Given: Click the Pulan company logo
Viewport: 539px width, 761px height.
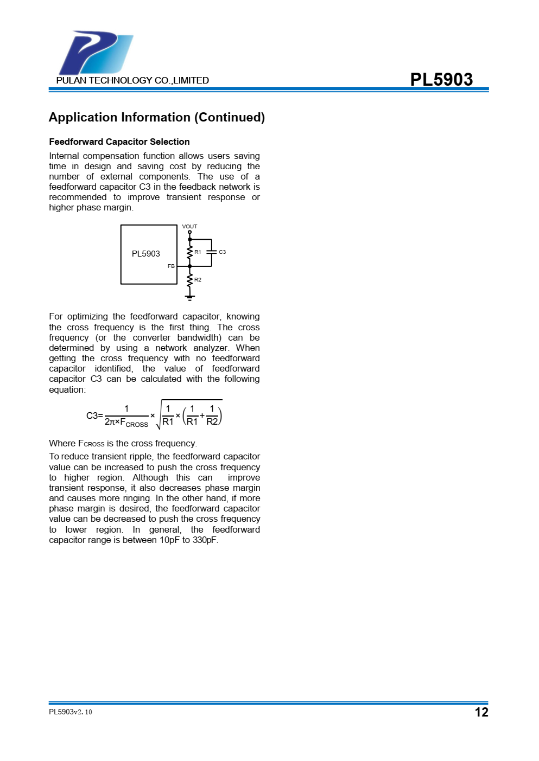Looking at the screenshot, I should [x=96, y=53].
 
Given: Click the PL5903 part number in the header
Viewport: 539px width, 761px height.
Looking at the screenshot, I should [x=441, y=79].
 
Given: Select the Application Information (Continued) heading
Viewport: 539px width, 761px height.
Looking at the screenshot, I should [x=157, y=118].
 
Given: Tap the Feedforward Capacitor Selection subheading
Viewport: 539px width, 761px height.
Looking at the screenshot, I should [x=119, y=142].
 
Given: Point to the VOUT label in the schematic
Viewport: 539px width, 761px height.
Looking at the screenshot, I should [x=189, y=226].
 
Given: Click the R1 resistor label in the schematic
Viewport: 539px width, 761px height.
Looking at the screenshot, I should [x=198, y=252].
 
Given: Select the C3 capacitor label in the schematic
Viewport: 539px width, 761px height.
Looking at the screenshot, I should [x=223, y=252].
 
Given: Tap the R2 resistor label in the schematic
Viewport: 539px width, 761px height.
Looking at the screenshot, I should [x=198, y=280].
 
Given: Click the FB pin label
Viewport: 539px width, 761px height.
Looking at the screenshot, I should [x=171, y=266].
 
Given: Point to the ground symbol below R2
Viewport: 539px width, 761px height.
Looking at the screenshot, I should [x=189, y=297].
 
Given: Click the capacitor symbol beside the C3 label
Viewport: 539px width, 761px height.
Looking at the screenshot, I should [x=211, y=252].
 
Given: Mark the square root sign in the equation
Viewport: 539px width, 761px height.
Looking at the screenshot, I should [x=159, y=415].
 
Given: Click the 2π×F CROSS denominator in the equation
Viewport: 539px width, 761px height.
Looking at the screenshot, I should [x=126, y=422].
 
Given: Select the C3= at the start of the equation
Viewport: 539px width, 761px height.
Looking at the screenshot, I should [x=94, y=416].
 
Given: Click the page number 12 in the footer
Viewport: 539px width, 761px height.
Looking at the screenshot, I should [x=481, y=712].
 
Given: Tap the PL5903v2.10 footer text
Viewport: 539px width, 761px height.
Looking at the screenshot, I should [x=71, y=712].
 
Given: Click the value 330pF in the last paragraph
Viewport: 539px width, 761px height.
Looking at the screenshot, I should [x=205, y=540].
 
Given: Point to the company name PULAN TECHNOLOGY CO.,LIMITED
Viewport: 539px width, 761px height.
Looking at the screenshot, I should [x=132, y=80].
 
